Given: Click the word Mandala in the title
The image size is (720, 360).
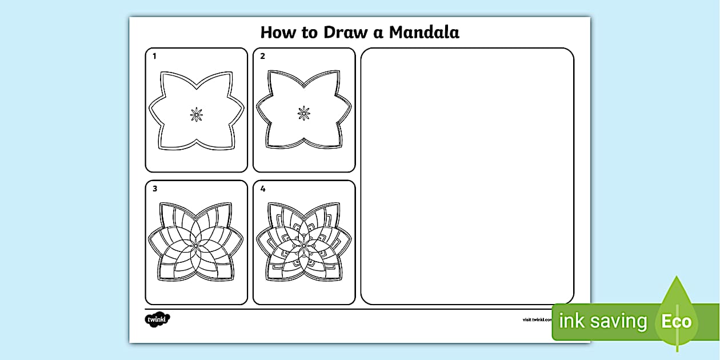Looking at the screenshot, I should [424, 33].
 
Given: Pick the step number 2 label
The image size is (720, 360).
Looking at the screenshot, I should [263, 56].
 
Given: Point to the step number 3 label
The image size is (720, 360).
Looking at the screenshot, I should [155, 189].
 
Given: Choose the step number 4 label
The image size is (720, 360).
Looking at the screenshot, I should [263, 189].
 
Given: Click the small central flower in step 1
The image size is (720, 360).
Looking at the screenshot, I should [197, 114].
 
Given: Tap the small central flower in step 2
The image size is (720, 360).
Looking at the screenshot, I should [304, 113].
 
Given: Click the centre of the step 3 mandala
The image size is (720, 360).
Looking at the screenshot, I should [196, 244].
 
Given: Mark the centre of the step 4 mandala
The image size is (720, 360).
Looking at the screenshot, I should [304, 244].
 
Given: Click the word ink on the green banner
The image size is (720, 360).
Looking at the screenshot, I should [571, 321].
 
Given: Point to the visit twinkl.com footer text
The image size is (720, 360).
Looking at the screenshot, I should [536, 320].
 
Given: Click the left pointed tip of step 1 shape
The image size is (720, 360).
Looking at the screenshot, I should [150, 109].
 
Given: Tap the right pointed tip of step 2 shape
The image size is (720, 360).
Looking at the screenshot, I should [351, 108].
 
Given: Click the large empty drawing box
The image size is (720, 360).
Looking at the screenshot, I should [467, 176].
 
